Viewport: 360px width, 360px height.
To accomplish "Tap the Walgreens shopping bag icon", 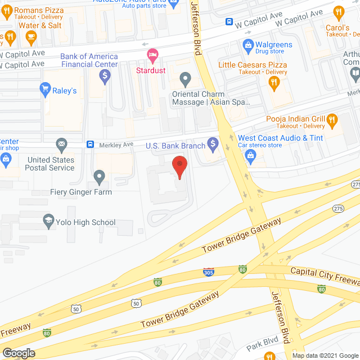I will pyautogui.click(x=247, y=44).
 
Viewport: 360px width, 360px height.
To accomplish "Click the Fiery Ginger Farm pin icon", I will pyautogui.click(x=100, y=177).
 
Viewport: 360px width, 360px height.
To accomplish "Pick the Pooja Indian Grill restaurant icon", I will pyautogui.click(x=332, y=119).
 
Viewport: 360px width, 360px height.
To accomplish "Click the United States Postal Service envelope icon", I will pyautogui.click(x=62, y=145).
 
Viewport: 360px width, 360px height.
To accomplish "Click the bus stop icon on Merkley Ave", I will pyautogui.click(x=90, y=145).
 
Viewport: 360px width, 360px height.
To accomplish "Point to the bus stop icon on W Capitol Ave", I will pyautogui.click(x=229, y=22).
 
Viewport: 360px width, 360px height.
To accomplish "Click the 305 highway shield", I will pyautogui.click(x=208, y=273).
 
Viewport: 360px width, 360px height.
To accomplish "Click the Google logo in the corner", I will pyautogui.click(x=19, y=353).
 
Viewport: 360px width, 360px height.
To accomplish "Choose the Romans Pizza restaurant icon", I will pyautogui.click(x=7, y=11).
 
